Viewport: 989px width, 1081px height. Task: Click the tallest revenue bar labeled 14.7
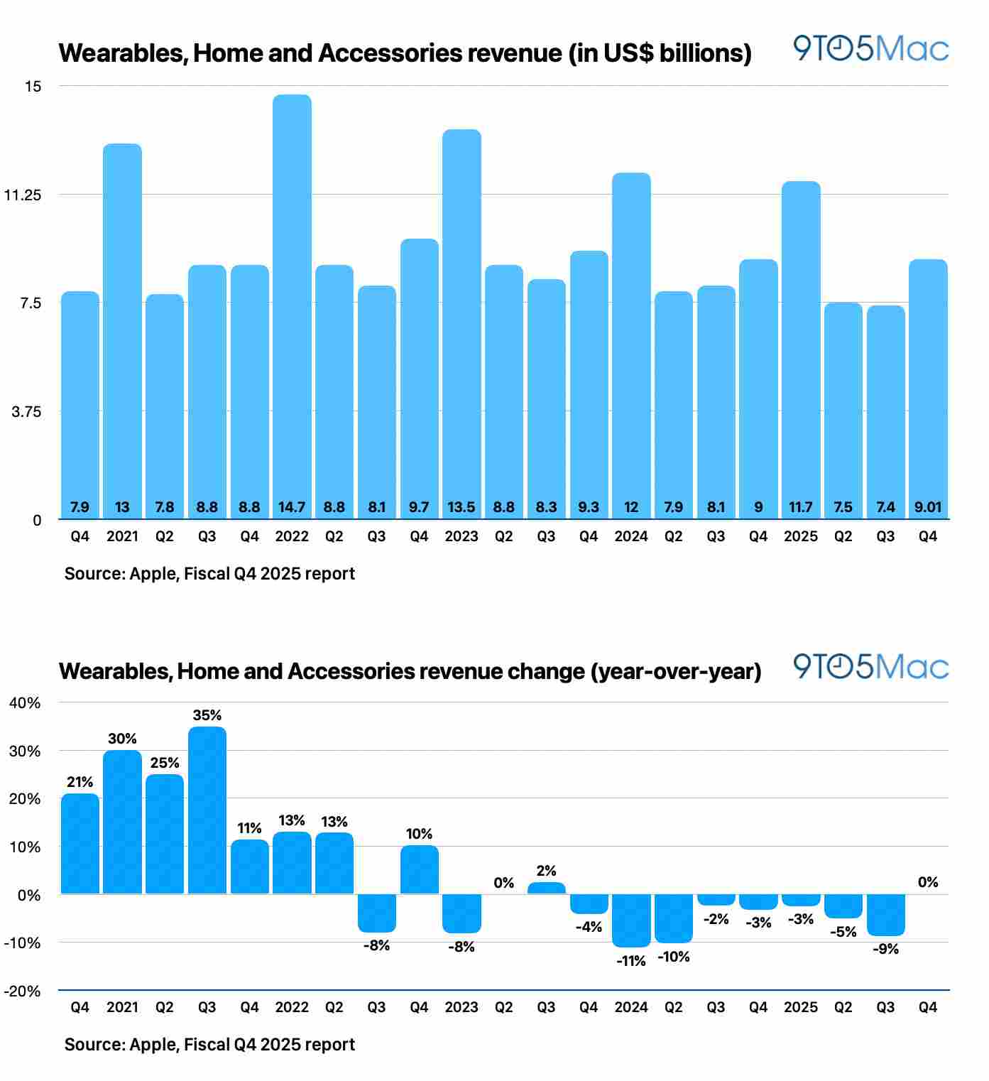click(x=292, y=305)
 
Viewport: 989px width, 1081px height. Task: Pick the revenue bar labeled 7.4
click(x=885, y=412)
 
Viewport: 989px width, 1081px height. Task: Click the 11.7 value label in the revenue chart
click(x=801, y=507)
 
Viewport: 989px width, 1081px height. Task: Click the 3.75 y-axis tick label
click(x=26, y=412)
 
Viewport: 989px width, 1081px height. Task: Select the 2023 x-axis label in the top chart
click(x=461, y=537)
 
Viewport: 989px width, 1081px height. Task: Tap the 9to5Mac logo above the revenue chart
click(x=870, y=49)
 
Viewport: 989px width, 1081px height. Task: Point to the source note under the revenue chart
click(x=209, y=574)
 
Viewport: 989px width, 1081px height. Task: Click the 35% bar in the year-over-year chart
click(x=207, y=810)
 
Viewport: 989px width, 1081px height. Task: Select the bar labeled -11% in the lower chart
click(x=631, y=920)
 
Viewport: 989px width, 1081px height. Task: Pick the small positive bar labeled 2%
click(x=546, y=889)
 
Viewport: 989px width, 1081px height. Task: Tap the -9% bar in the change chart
click(x=885, y=915)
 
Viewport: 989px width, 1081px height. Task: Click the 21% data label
click(x=80, y=782)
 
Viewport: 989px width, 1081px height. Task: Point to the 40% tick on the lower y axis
click(x=25, y=703)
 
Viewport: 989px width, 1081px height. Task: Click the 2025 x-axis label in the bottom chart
click(x=801, y=1008)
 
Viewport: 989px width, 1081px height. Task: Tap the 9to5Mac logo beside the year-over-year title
click(x=870, y=667)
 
